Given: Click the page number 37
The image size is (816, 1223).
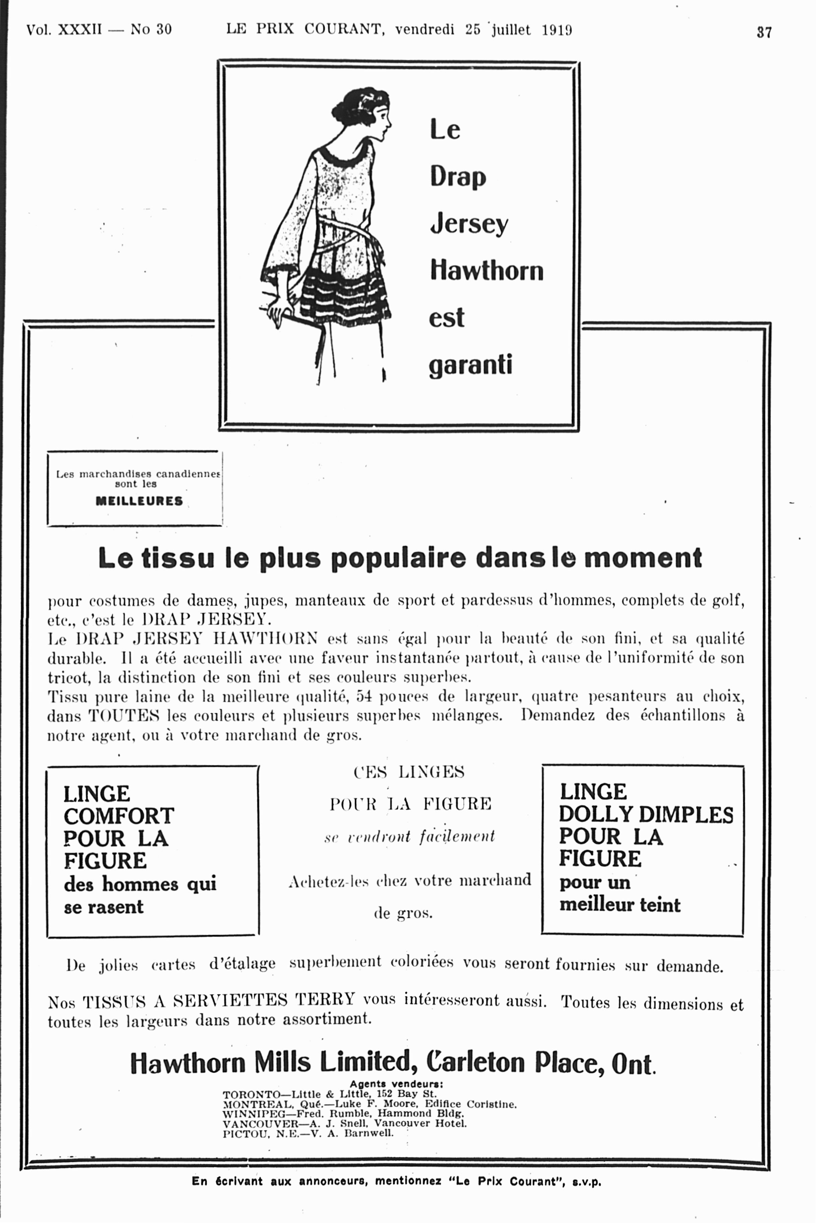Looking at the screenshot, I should (x=764, y=32).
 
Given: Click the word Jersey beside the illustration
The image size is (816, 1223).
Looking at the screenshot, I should (x=469, y=224).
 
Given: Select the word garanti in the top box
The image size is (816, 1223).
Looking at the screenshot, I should (x=470, y=365).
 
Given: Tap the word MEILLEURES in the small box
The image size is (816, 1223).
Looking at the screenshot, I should (x=139, y=501).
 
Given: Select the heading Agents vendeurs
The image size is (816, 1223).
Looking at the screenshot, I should (x=396, y=1085).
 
